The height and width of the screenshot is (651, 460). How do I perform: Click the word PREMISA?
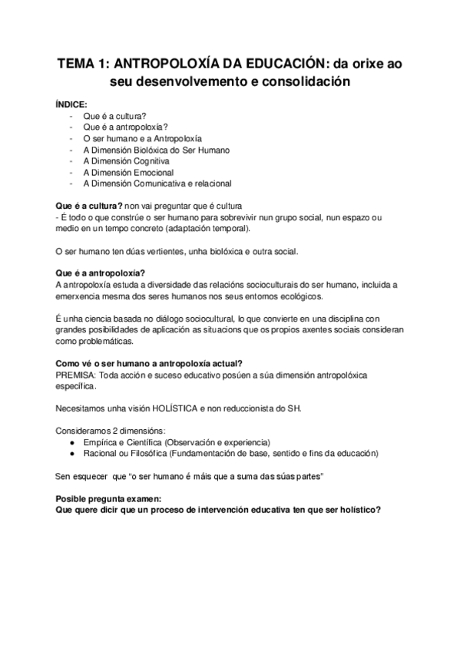[x=78, y=374]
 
